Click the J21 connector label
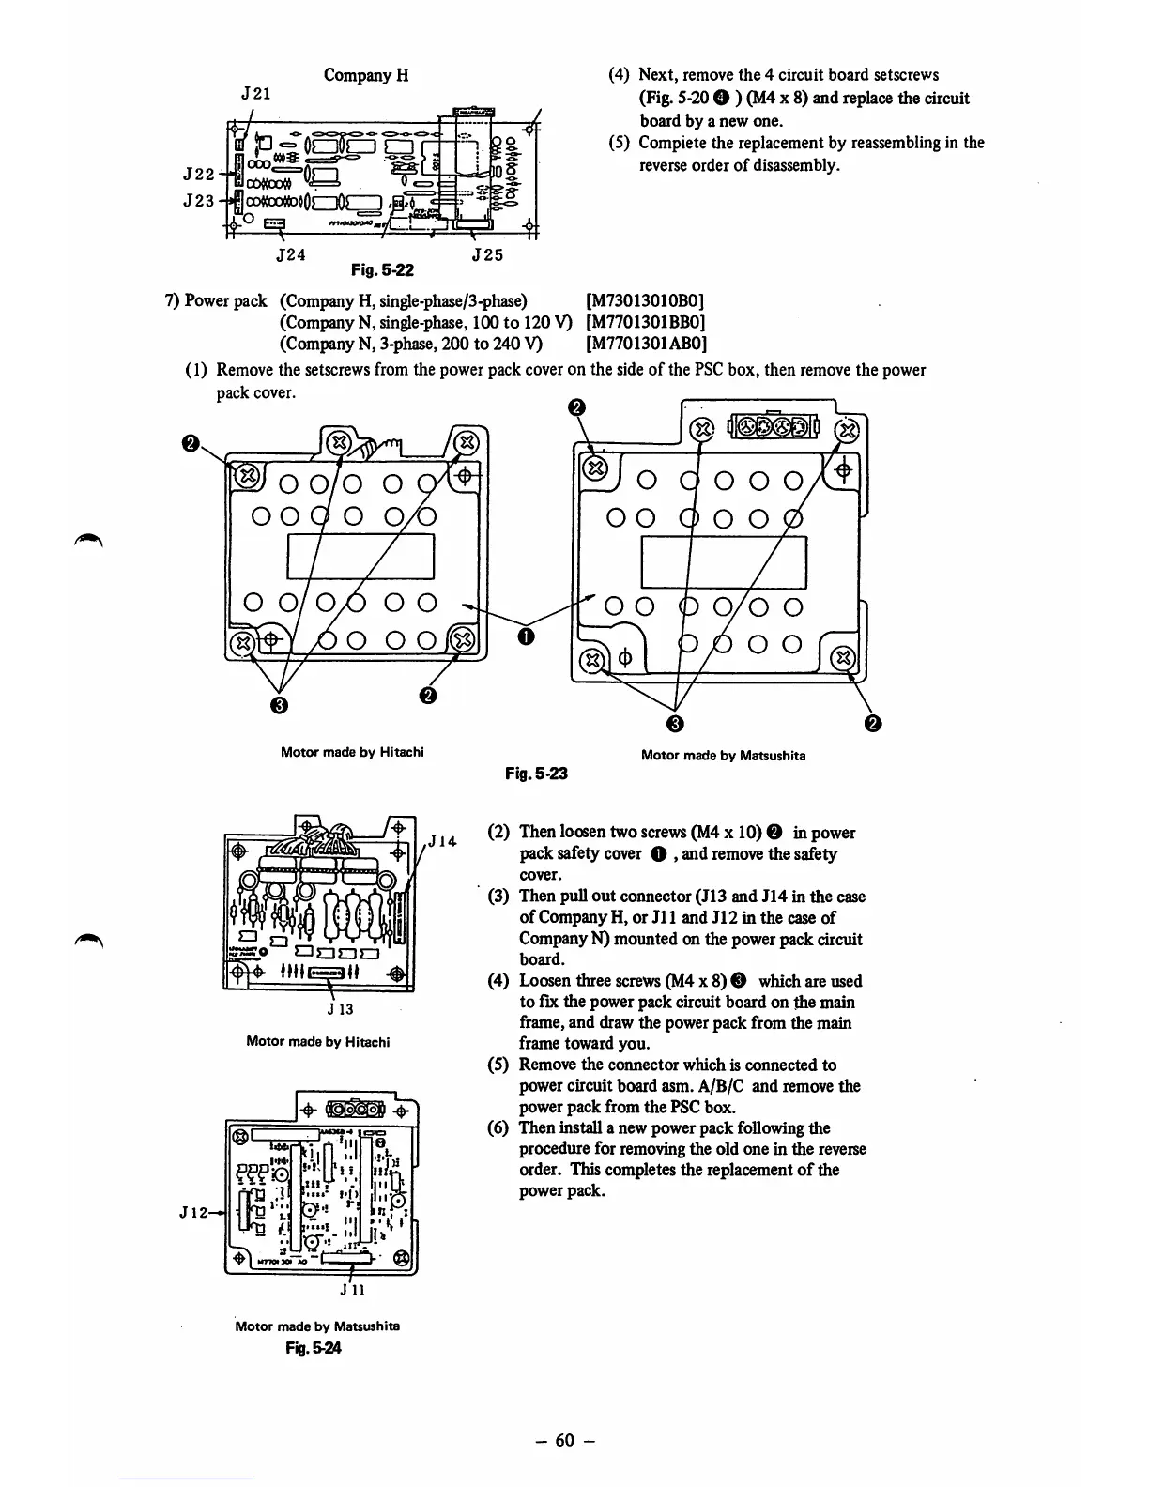pyautogui.click(x=256, y=95)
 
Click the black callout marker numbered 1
pyautogui.click(x=526, y=637)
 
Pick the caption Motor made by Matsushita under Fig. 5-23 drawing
pyautogui.click(x=723, y=755)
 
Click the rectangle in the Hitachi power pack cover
pyautogui.click(x=360, y=557)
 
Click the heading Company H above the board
pyautogui.click(x=365, y=74)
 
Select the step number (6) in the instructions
pyautogui.click(x=499, y=1127)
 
